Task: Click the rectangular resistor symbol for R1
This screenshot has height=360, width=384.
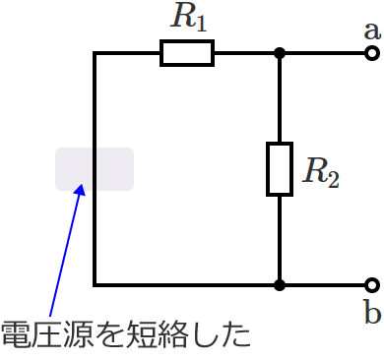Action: (187, 53)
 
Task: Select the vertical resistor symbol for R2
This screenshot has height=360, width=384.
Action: (280, 168)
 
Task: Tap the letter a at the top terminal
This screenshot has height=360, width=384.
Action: (372, 29)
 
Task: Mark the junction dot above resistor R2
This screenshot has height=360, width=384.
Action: (280, 53)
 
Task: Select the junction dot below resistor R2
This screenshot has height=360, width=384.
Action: (280, 285)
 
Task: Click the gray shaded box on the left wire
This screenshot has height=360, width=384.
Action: (95, 168)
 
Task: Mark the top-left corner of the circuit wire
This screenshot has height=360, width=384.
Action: (95, 53)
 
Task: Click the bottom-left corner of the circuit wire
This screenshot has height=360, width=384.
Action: (95, 285)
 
